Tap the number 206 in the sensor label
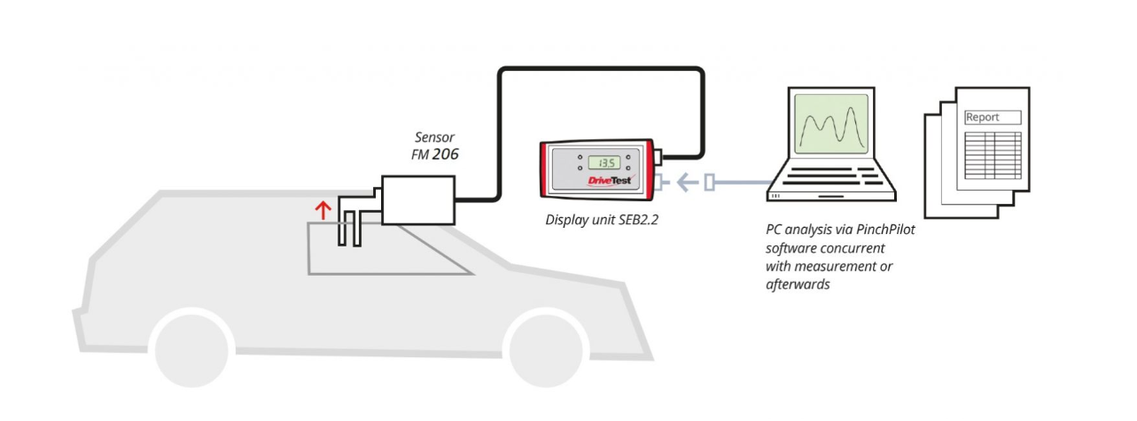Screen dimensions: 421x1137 click(445, 154)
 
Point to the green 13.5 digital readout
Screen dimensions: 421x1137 click(605, 162)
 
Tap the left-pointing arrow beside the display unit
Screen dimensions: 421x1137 click(685, 183)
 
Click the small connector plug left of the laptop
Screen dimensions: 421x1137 click(709, 183)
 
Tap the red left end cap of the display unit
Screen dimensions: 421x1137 click(545, 169)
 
